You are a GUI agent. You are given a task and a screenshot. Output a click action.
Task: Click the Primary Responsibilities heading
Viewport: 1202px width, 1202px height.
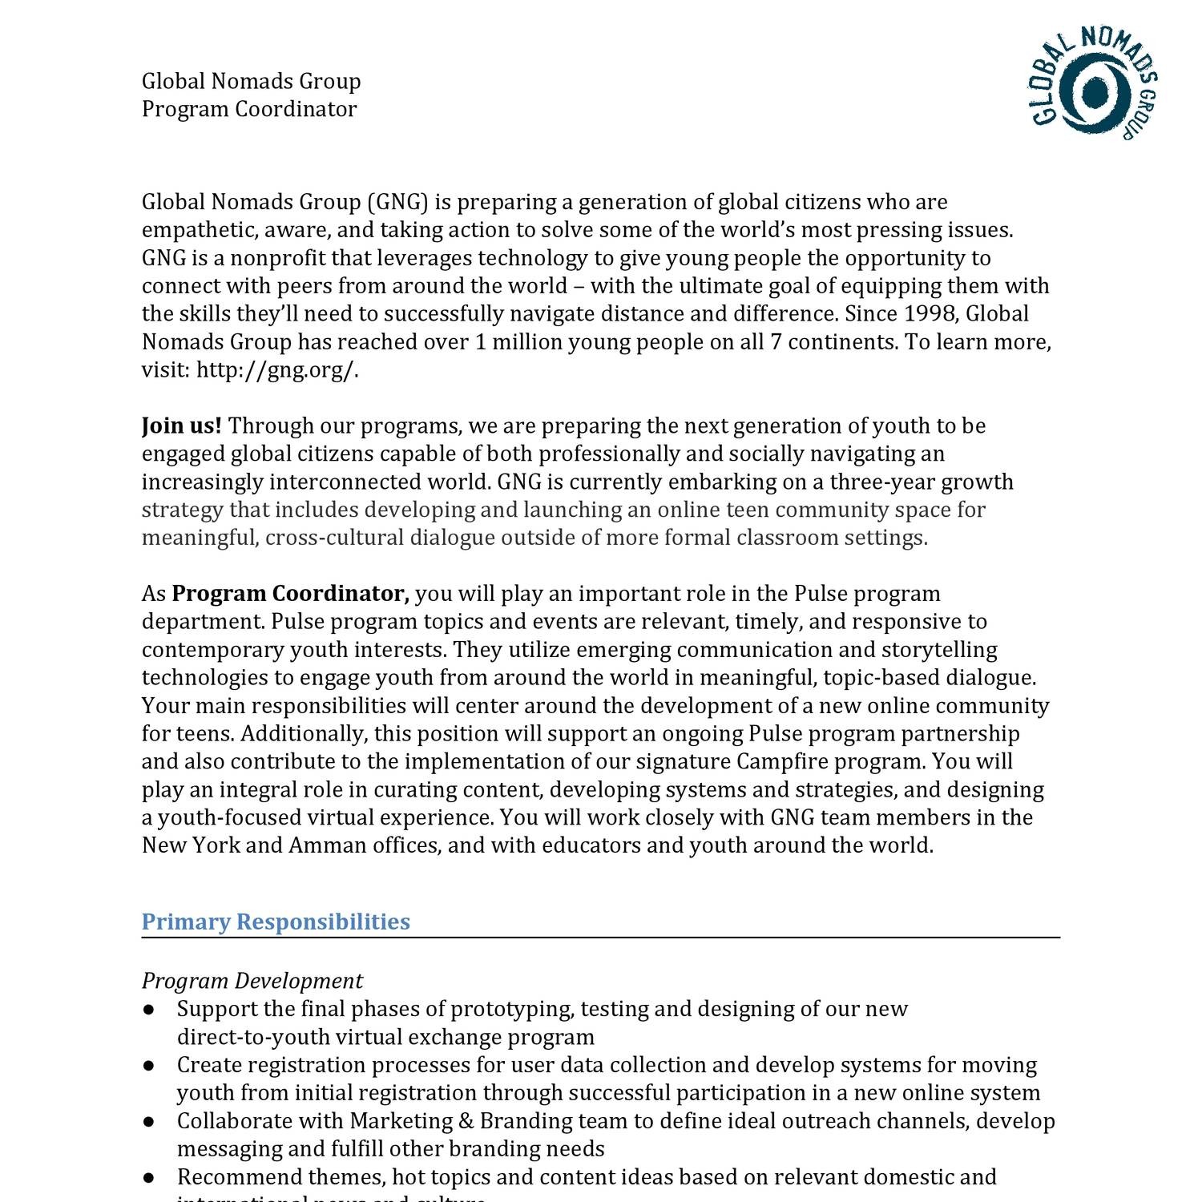[276, 922]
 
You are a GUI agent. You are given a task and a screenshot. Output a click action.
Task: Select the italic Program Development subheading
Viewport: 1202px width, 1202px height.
[252, 981]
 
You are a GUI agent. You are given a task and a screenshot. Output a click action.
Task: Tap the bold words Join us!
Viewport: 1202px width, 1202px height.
[182, 426]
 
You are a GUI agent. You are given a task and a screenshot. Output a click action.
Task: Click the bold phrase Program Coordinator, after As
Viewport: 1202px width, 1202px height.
[291, 594]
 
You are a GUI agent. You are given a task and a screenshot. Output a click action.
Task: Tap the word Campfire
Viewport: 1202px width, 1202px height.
[775, 761]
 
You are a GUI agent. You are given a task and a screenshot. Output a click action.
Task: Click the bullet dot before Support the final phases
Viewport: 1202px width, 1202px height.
[149, 1010]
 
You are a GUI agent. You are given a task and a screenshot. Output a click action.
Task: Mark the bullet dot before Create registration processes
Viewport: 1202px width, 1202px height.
[149, 1066]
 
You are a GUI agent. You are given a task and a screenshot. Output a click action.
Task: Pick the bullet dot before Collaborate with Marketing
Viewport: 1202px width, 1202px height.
[149, 1122]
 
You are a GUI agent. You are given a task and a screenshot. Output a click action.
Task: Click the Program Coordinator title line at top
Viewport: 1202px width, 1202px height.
[249, 109]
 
